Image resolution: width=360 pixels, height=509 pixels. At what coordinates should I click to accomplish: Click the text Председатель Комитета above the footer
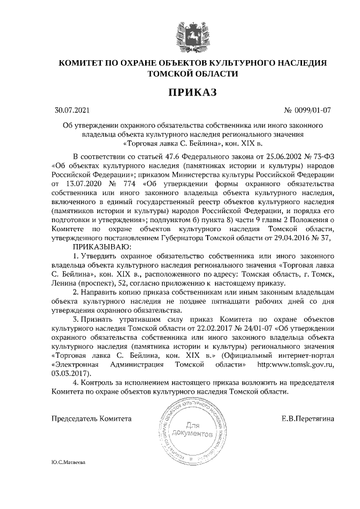tap(92, 419)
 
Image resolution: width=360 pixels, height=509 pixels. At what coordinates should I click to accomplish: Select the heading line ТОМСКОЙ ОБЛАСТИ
tap(192, 74)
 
